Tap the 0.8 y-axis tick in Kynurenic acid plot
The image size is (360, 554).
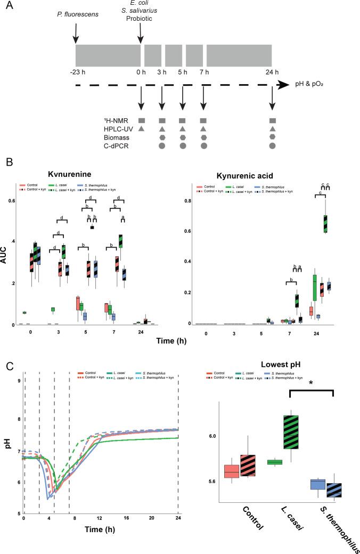click(186, 201)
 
